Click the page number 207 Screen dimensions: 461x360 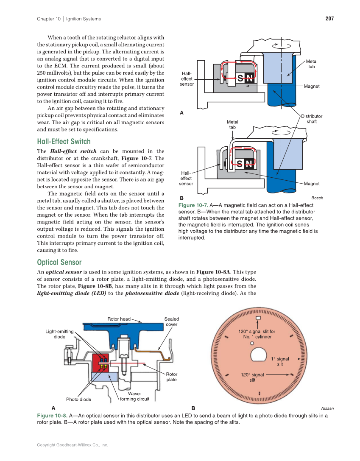pyautogui.click(x=329, y=19)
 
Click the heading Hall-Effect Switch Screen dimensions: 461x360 pyautogui.click(x=64, y=141)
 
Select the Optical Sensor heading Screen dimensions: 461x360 pyautogui.click(x=59, y=262)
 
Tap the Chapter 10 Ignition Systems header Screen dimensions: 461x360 pyautogui.click(x=69, y=19)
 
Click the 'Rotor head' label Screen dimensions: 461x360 pyautogui.click(x=119, y=319)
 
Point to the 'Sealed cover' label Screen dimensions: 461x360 pyautogui.click(x=171, y=321)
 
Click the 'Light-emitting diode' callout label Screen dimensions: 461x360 pyautogui.click(x=59, y=334)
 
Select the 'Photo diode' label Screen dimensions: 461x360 pyautogui.click(x=78, y=399)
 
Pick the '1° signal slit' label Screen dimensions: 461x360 pyautogui.click(x=280, y=361)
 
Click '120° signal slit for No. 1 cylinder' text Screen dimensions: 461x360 pyautogui.click(x=257, y=334)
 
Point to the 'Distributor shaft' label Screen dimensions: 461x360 pyautogui.click(x=312, y=119)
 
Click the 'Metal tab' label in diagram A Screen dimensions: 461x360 pyautogui.click(x=311, y=64)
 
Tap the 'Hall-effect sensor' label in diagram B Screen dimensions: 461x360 pyautogui.click(x=186, y=178)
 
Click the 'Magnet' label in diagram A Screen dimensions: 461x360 pyautogui.click(x=312, y=87)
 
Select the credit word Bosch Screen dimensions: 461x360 pyautogui.click(x=317, y=198)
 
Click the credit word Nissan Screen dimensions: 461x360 pyautogui.click(x=327, y=408)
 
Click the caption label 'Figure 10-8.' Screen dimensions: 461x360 pyautogui.click(x=52, y=416)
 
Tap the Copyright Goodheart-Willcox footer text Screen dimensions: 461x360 pyautogui.click(x=73, y=445)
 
